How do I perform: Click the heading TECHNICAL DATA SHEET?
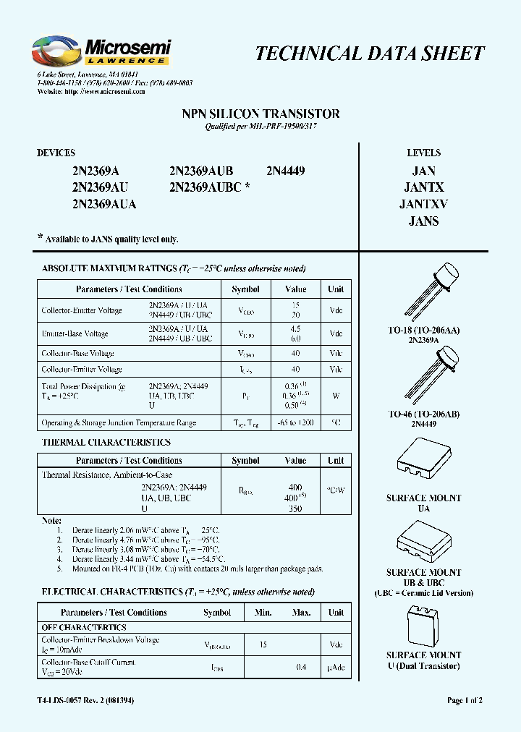point(370,54)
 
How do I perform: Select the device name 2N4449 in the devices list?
point(286,171)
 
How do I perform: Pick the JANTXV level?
point(423,205)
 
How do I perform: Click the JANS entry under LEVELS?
point(423,221)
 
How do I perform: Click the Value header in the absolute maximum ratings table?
point(296,289)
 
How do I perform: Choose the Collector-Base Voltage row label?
point(78,354)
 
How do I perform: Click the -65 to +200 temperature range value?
point(295,422)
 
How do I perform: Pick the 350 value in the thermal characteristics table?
point(295,509)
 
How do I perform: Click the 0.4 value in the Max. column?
point(302,667)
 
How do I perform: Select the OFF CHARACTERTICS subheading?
point(84,628)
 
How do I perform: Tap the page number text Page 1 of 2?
point(465,701)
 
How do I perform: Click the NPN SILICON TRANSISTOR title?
point(260,114)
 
